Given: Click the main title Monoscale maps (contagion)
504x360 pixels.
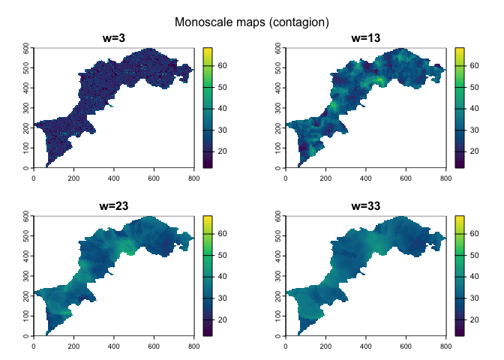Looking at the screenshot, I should pos(252,22).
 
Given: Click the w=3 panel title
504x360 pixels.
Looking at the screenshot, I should pos(113,39).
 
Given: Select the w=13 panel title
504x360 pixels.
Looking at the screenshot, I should pos(365,39).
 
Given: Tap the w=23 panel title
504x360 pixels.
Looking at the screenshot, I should pos(113,207).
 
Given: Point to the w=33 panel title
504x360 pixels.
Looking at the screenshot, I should pos(365,207).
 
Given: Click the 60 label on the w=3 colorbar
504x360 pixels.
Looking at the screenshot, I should pos(223,66).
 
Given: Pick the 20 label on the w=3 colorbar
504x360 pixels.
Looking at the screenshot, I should pos(223,151).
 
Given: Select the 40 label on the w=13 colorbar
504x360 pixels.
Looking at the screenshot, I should pos(475,109).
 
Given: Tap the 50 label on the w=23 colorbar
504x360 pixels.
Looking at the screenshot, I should pos(223,256).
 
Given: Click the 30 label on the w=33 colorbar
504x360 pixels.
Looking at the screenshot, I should pos(475,298).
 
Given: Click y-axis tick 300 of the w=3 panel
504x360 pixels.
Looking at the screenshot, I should pos(26,108).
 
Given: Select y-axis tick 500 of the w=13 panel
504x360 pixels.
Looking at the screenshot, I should pos(278,67).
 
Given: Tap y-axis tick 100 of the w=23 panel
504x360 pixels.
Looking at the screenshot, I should pos(26,316).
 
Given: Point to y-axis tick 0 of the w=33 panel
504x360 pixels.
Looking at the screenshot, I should pos(278,336).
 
